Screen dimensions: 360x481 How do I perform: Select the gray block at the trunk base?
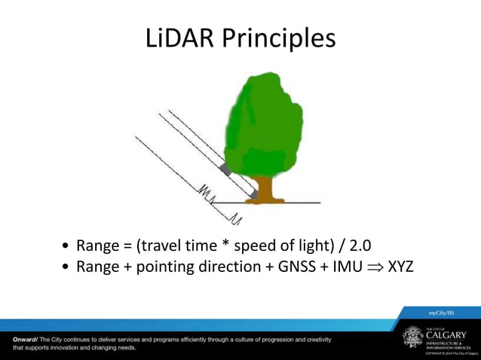(254, 195)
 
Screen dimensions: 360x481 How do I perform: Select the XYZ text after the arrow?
(400, 267)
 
